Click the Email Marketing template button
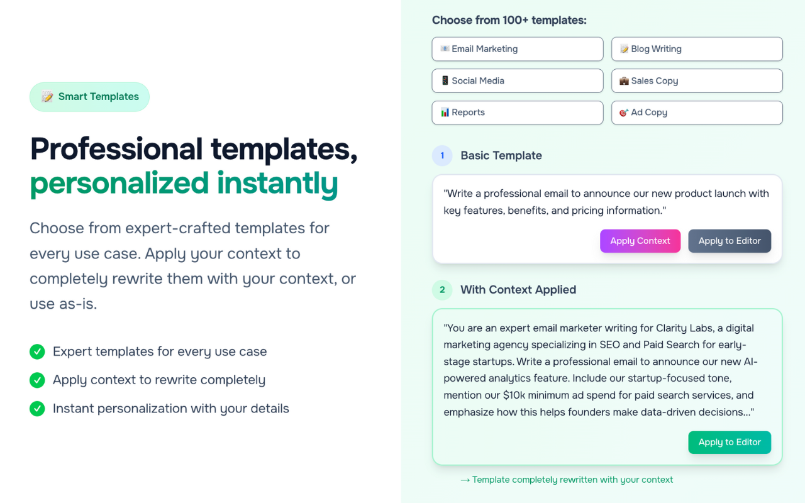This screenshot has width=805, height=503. pos(517,49)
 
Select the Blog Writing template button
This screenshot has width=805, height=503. pos(697,49)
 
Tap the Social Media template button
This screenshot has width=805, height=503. pos(517,80)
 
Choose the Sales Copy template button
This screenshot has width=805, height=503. pos(697,80)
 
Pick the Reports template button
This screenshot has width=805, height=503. pos(517,113)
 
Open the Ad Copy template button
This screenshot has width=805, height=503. pos(697,113)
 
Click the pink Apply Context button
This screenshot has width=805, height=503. pos(640,241)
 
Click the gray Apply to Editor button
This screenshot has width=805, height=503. pos(730,241)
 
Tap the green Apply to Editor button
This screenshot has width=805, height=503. pos(730,442)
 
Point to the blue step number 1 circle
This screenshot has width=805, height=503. pos(442,156)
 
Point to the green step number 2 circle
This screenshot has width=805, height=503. pos(442,290)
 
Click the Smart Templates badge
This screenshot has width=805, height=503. pos(89,97)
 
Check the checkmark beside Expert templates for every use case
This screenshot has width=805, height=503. pos(37,351)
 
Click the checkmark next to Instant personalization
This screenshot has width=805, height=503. pos(37,409)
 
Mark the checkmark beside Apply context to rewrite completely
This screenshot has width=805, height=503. pos(37,380)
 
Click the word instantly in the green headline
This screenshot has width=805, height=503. pos(277,183)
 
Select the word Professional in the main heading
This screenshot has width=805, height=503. pos(116,149)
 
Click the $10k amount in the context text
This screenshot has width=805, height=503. pos(515,395)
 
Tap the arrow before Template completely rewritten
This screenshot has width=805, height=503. pos(465,480)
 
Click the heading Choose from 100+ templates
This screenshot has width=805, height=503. pos(509,20)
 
